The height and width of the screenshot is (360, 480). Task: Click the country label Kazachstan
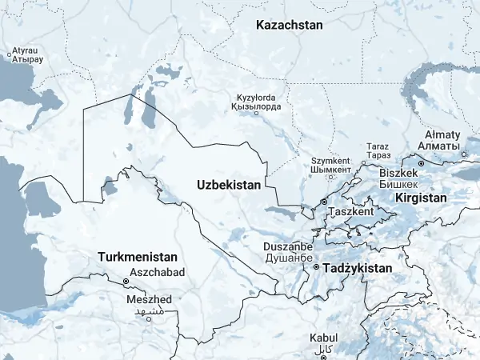290,26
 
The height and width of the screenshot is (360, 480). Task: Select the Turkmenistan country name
137,258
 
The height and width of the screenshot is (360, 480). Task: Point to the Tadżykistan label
357,269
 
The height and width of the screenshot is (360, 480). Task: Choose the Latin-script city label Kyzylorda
255,96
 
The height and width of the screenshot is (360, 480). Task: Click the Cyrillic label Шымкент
331,170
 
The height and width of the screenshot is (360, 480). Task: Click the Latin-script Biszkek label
398,173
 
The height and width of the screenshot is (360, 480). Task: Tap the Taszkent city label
351,213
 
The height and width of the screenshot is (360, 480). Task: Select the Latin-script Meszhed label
149,299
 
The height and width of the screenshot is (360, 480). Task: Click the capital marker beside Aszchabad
126,282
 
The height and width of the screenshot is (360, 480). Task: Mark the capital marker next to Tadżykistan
316,267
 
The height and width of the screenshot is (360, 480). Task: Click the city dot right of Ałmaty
465,154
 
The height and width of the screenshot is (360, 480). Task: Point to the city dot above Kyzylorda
256,113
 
